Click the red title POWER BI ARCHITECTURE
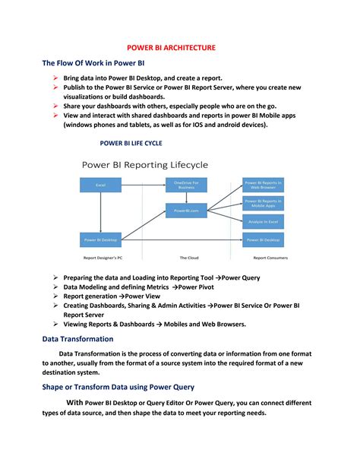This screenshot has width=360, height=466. (x=171, y=47)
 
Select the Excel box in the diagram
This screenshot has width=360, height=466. (x=100, y=185)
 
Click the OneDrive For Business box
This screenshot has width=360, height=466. (x=186, y=185)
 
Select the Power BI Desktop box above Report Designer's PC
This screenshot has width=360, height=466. (x=100, y=239)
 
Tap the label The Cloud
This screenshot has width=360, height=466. (x=189, y=258)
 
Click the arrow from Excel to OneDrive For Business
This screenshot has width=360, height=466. (x=143, y=185)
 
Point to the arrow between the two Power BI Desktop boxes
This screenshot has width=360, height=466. (x=182, y=239)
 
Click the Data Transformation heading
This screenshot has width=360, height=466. (x=78, y=339)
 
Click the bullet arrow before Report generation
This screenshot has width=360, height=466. (x=55, y=296)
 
